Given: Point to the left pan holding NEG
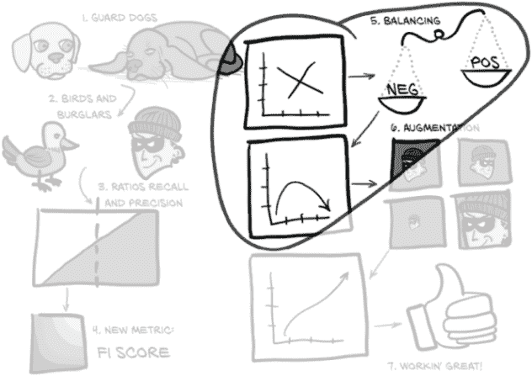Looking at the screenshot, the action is (x=401, y=103).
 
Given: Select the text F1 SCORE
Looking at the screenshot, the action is (x=131, y=351).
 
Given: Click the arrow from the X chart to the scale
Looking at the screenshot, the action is (x=362, y=77).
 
